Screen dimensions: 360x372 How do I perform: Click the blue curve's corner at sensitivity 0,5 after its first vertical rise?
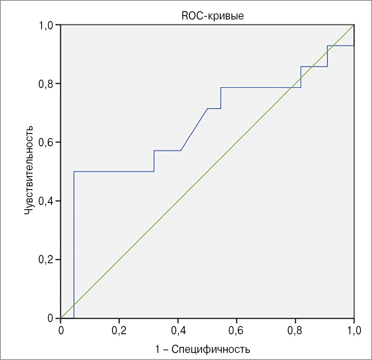(74, 172)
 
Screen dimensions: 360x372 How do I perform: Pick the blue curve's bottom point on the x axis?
(74, 318)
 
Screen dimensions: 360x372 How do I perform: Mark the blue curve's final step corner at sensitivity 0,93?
(328, 46)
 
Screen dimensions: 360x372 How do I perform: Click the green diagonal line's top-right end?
(354, 25)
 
